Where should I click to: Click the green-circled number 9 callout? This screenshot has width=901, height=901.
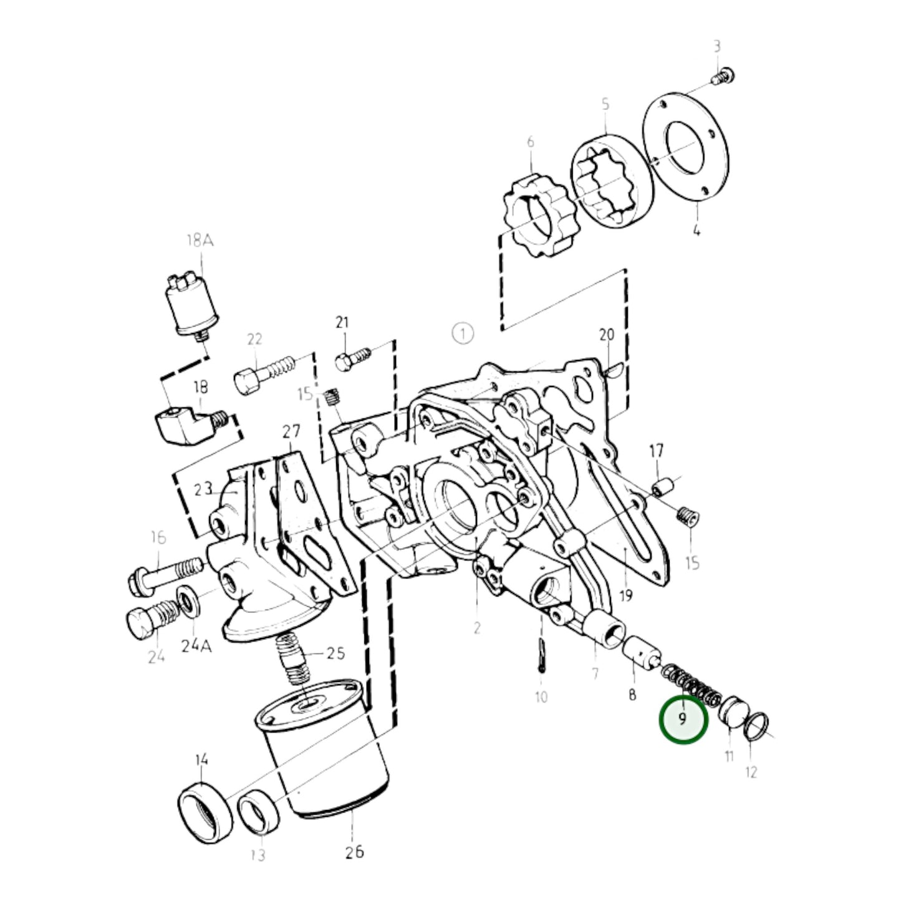coord(683,732)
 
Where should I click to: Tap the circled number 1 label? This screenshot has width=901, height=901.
coord(463,334)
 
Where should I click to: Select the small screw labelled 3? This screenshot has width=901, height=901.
coord(723,77)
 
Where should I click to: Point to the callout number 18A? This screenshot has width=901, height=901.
coord(200,241)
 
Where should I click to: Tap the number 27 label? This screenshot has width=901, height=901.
coord(291,431)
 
